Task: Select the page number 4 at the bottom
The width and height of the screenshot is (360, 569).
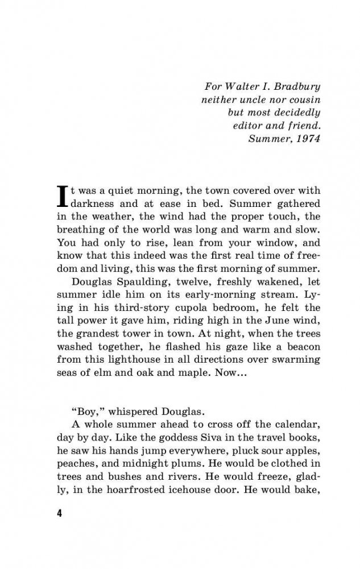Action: [x=59, y=513]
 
